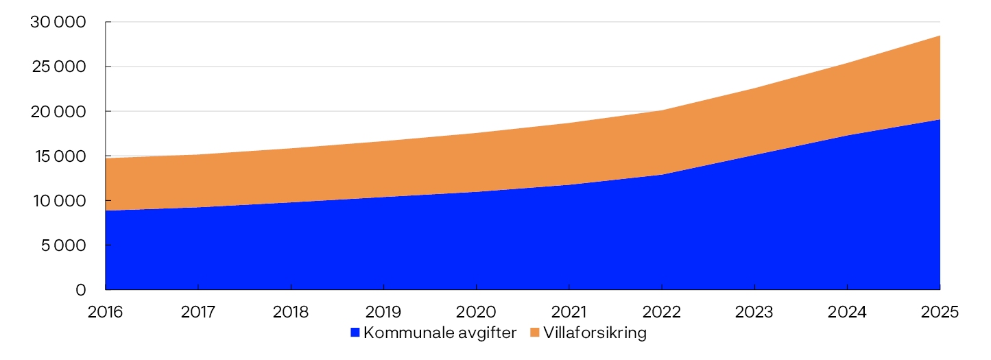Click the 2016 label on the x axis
tap(106, 312)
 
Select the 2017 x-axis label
tap(198, 312)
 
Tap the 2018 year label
tap(291, 312)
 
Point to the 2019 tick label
tap(383, 312)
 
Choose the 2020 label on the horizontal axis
tap(476, 312)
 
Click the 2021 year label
tap(569, 312)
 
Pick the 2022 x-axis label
tap(661, 312)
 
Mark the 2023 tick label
tap(754, 312)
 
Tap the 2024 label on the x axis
tap(847, 312)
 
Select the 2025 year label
tap(939, 312)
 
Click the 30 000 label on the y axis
tap(58, 23)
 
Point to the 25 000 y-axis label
tap(58, 67)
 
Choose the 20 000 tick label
tap(58, 112)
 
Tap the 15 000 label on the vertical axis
tap(59, 156)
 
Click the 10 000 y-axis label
tap(59, 201)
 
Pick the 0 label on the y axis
tap(81, 290)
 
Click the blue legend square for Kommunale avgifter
tap(355, 333)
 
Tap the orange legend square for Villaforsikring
tap(534, 333)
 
